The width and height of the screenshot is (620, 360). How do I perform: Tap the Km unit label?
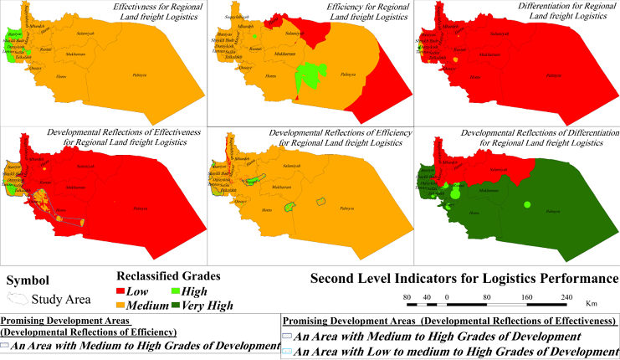[x=591, y=304]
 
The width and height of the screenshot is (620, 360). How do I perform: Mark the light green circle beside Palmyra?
[x=527, y=203]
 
